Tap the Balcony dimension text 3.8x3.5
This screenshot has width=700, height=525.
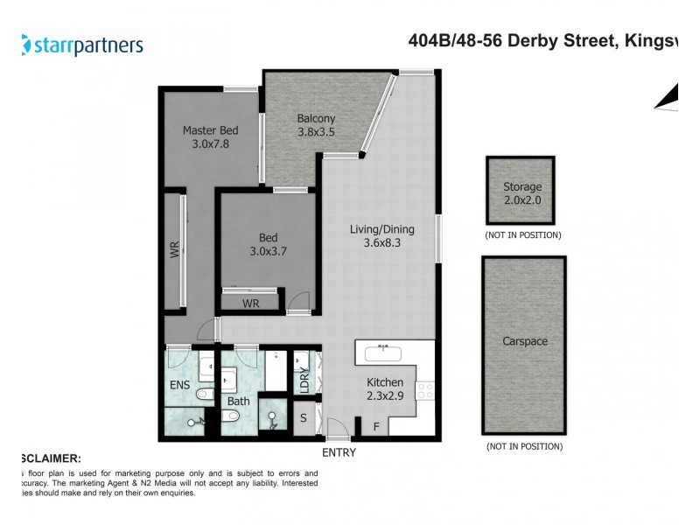pos(316,133)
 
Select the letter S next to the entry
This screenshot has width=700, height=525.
pos(303,418)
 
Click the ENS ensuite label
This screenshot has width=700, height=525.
pos(178,383)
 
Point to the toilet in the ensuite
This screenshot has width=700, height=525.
pos(204,395)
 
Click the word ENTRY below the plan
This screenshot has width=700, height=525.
pos(339,452)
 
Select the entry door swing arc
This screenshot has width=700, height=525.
pos(337,428)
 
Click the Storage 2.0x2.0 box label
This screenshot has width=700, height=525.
pos(522,192)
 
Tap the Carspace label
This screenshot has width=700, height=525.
pos(525,341)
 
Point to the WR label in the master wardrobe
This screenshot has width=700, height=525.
pos(173,251)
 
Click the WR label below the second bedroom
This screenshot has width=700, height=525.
pos(250,304)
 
